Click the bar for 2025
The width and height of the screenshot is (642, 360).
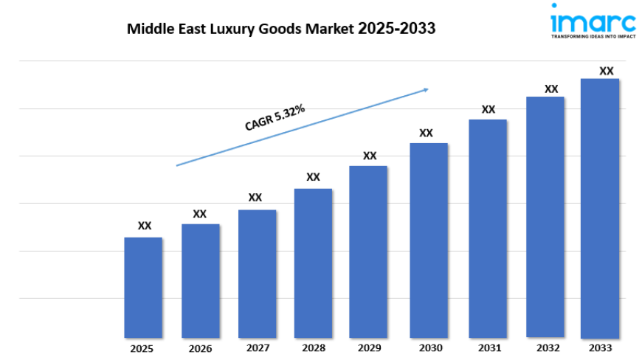pos(143,288)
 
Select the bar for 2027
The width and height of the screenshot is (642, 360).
pos(257,274)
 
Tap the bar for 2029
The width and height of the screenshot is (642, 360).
pos(368,252)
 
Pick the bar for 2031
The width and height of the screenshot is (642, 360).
pos(487,229)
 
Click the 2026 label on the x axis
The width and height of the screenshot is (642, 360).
pos(201,348)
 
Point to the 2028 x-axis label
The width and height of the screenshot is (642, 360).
pos(313,348)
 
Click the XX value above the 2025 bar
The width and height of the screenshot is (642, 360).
pos(145,226)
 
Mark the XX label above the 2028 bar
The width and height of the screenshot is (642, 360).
pos(313,177)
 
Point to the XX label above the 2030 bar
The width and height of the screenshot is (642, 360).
pos(426,133)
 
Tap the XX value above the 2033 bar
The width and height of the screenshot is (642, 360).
pos(606,71)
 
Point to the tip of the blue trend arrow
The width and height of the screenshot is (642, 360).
pos(428,89)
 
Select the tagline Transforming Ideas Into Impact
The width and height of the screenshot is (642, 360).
pos(592,35)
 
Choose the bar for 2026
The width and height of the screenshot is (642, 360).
pos(201,281)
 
